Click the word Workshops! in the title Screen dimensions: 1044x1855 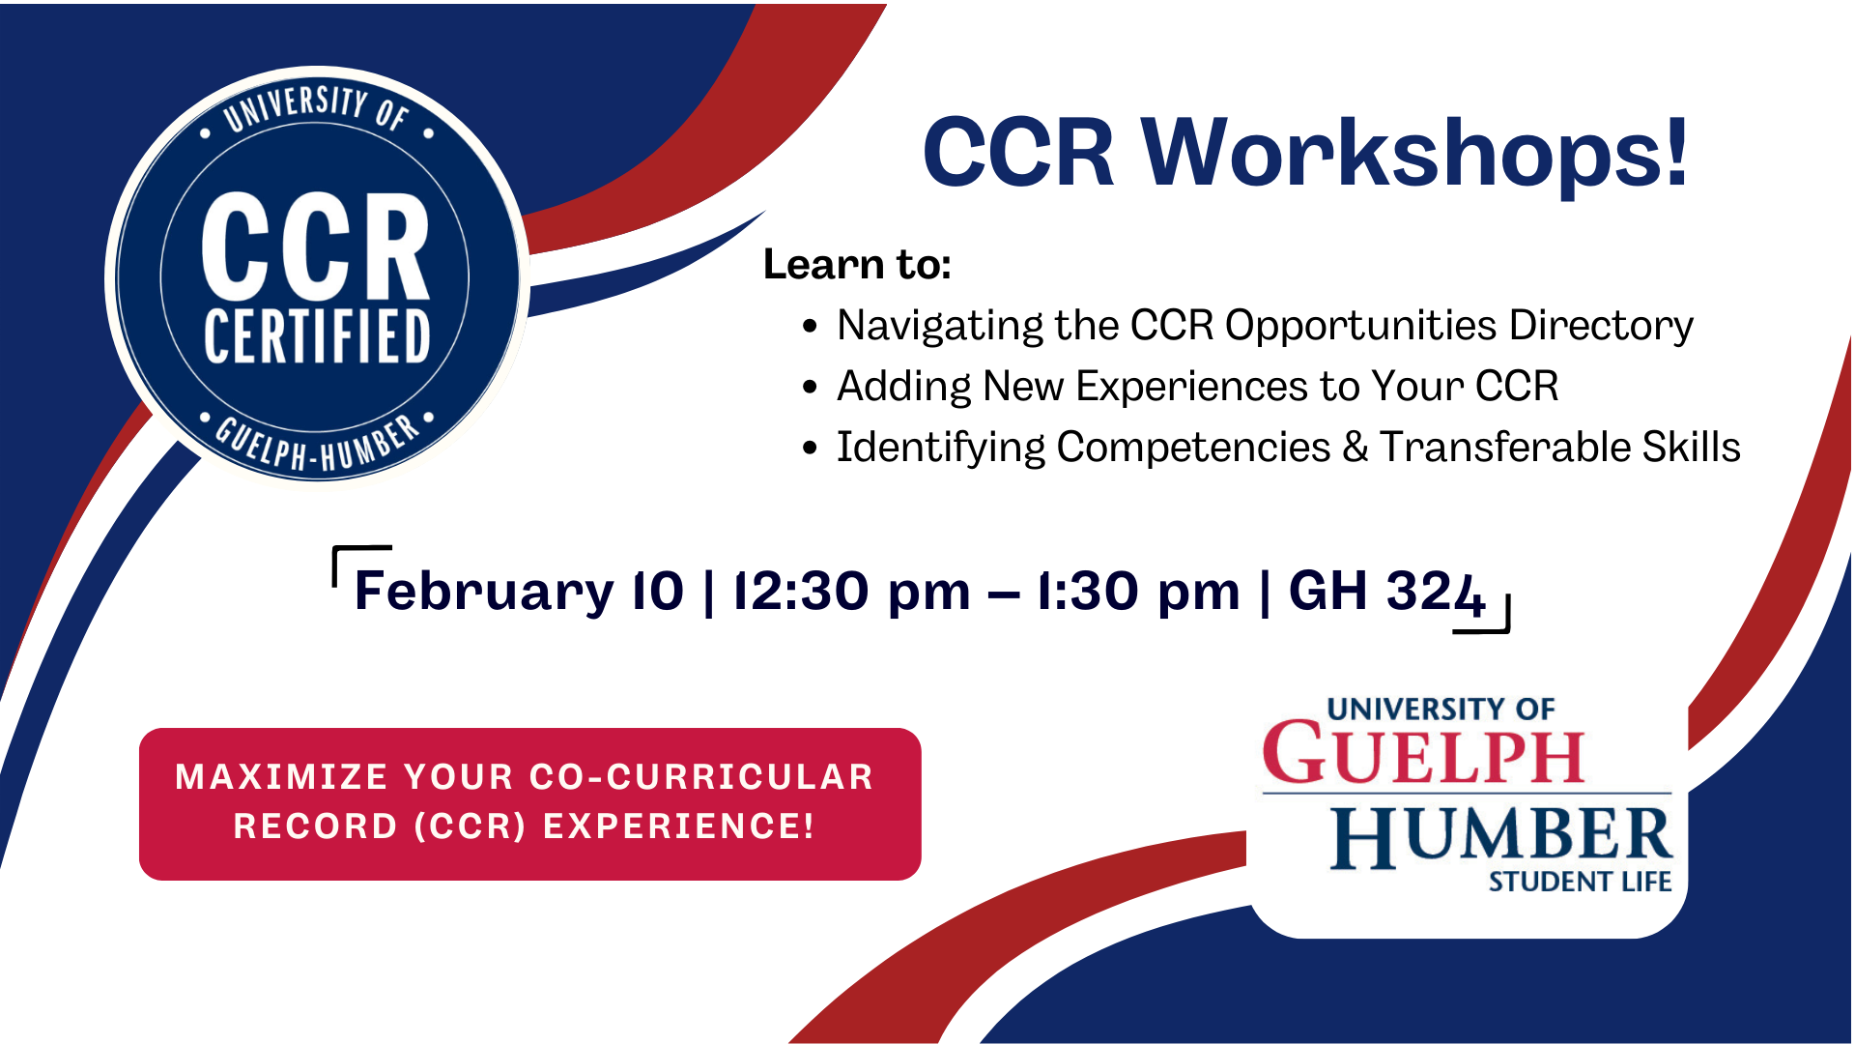1415,153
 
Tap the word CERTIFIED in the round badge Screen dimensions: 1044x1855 317,337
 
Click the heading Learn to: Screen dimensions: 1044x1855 857,264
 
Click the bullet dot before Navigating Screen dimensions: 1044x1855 810,327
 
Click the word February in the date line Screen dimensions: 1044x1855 484,591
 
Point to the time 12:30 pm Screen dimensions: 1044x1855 851,591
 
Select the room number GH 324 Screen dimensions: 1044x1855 1385,591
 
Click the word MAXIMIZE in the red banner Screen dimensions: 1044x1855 281,777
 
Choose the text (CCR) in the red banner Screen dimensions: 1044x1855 470,826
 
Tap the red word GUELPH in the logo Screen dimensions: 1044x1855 1423,754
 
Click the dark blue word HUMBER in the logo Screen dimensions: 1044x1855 1499,836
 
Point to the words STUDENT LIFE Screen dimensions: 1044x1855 1579,882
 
